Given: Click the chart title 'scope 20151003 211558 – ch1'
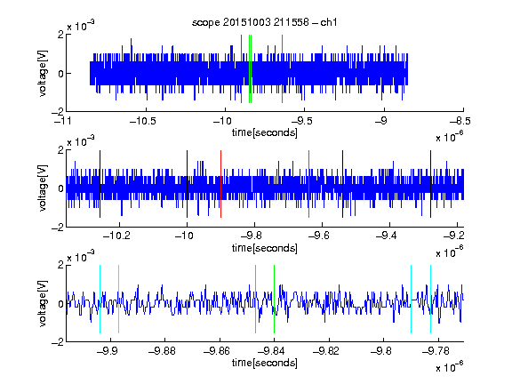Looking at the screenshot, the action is click(265, 22).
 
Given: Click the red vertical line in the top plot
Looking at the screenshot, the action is click(241, 69).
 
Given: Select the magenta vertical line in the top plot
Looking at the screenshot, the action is click(282, 69).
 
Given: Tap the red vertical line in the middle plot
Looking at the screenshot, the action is click(220, 184).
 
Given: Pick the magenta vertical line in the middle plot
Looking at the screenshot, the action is click(309, 184).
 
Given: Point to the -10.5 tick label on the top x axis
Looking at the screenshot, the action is click(143, 121).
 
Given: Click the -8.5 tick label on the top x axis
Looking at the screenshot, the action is click(460, 121).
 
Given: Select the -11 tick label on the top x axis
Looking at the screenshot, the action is click(63, 121).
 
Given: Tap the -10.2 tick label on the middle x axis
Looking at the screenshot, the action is click(116, 236).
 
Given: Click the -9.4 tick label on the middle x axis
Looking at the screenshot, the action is click(387, 236).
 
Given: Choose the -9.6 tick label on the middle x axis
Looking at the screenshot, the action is click(319, 236).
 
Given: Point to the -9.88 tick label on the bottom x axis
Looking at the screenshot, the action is click(162, 351).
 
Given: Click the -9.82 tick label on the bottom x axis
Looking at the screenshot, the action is click(326, 351).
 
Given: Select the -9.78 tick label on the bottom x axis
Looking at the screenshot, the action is click(436, 351).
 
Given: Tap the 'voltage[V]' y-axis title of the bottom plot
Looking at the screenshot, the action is click(43, 303).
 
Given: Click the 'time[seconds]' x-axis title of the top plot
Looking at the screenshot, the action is click(265, 132).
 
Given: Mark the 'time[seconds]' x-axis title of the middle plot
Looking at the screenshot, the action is click(265, 248).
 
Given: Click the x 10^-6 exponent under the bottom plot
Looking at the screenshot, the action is click(450, 366).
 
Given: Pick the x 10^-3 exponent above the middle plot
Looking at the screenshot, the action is click(81, 141).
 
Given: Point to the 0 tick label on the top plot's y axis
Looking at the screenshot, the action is click(60, 74).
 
